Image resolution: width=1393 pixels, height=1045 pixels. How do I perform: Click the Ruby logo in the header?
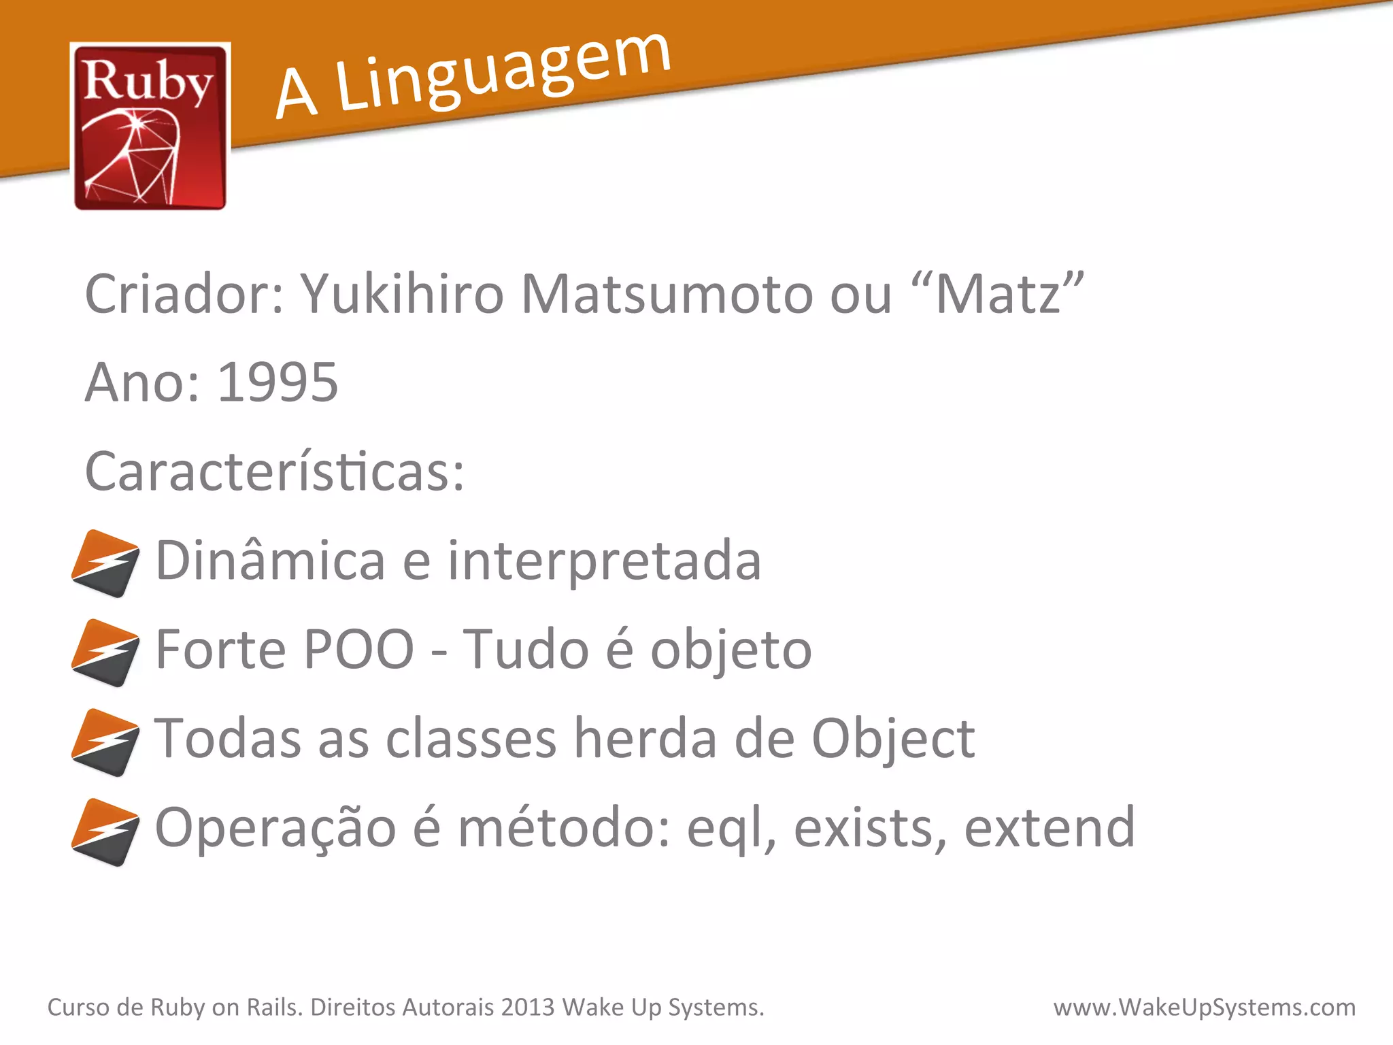pyautogui.click(x=150, y=126)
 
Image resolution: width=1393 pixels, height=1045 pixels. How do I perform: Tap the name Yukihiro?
pyautogui.click(x=402, y=294)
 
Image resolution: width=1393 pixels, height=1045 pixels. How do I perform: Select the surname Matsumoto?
pyautogui.click(x=666, y=294)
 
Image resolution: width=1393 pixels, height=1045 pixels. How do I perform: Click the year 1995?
pyautogui.click(x=278, y=382)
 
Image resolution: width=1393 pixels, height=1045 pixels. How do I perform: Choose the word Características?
pyautogui.click(x=274, y=471)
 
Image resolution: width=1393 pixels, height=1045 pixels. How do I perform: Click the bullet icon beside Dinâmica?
pyautogui.click(x=105, y=563)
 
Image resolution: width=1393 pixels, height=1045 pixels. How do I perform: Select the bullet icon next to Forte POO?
pyautogui.click(x=105, y=652)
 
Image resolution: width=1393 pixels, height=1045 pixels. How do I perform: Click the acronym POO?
pyautogui.click(x=358, y=649)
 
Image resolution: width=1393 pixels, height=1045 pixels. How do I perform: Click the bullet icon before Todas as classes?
pyautogui.click(x=105, y=742)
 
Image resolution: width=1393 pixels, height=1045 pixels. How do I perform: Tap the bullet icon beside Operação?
pyautogui.click(x=105, y=832)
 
